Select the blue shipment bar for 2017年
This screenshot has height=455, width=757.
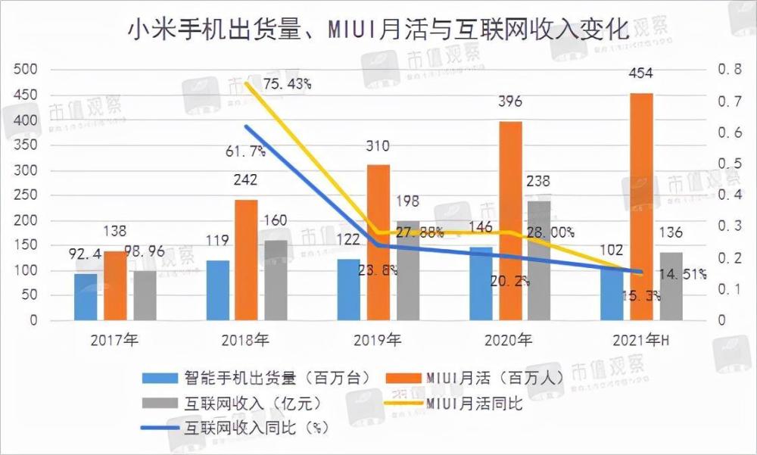tap(86, 297)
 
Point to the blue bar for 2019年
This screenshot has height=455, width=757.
tap(349, 289)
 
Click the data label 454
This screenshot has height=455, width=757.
tap(640, 74)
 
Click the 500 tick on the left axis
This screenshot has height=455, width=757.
tap(26, 70)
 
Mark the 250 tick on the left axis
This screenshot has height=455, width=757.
tap(26, 195)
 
